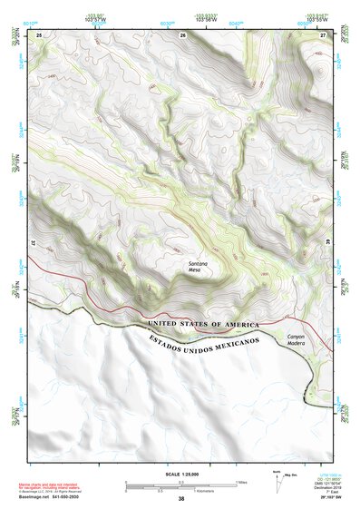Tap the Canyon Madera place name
299,341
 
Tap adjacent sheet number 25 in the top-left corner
39,34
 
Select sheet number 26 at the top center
183,34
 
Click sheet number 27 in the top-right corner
324,34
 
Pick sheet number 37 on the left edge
34,243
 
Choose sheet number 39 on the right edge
328,243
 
